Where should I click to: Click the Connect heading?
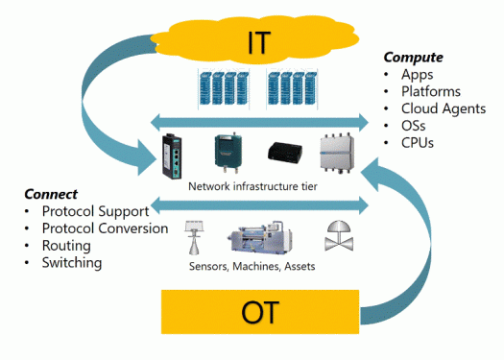50,194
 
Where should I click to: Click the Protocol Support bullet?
95,211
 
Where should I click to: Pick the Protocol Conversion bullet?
105,228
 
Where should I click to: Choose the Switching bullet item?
72,263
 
